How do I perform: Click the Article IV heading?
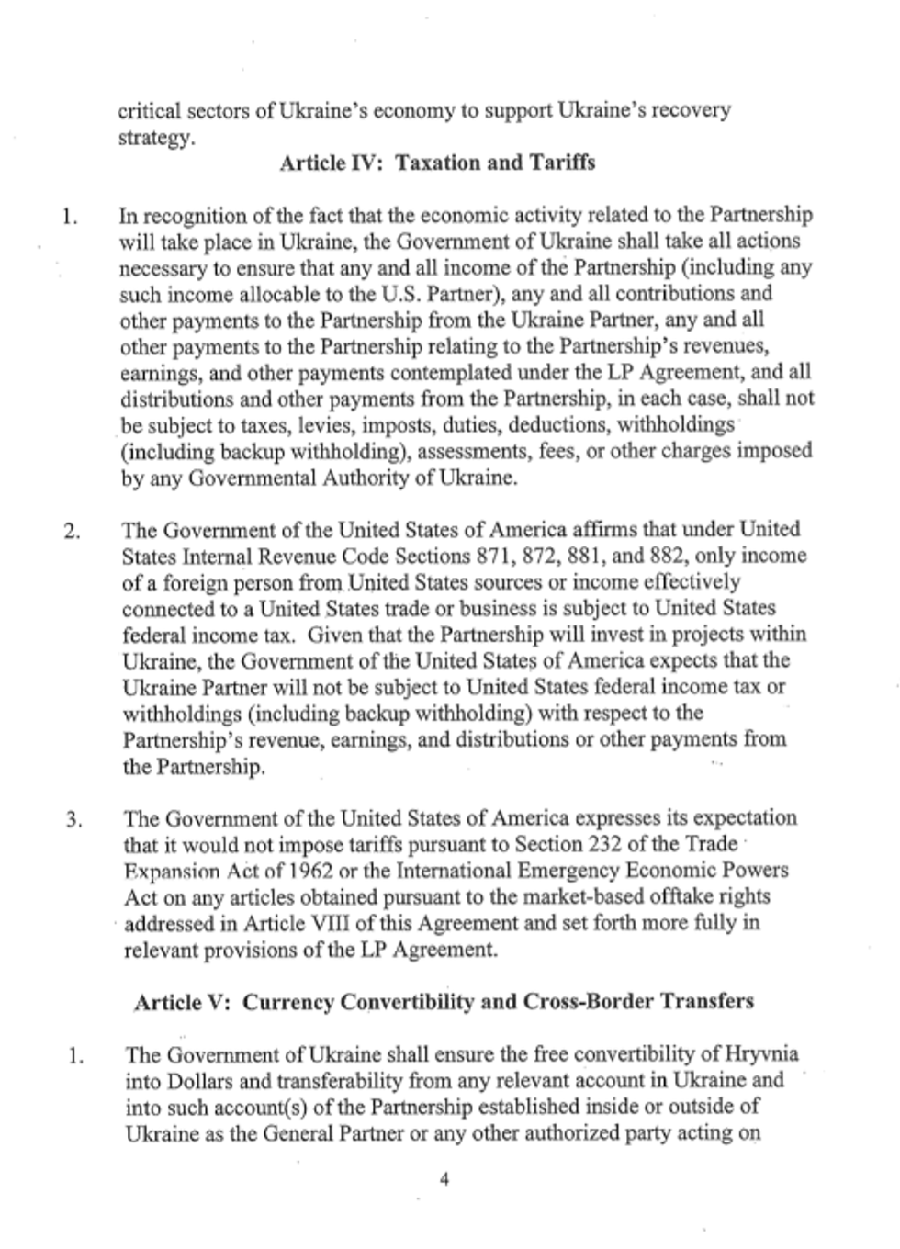[x=436, y=163]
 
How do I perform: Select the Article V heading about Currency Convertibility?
[x=444, y=1001]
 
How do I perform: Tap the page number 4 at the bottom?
[x=444, y=1180]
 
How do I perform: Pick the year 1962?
[x=307, y=871]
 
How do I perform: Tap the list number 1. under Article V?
[x=75, y=1056]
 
